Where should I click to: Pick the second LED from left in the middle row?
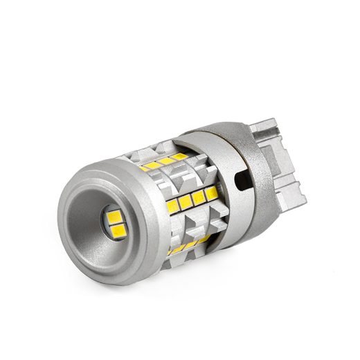(x=185, y=201)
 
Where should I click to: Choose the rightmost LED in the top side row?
(x=178, y=157)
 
